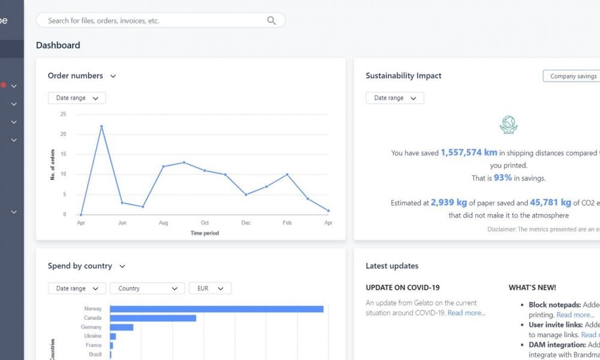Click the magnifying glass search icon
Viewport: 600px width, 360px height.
pyautogui.click(x=271, y=20)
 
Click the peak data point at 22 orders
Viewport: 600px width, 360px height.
pyautogui.click(x=101, y=126)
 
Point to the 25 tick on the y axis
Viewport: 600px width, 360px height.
pyautogui.click(x=63, y=114)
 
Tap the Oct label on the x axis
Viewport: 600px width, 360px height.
pyautogui.click(x=205, y=223)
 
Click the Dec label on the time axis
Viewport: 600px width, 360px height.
pyautogui.click(x=245, y=223)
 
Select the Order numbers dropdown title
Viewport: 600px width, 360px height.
pyautogui.click(x=82, y=76)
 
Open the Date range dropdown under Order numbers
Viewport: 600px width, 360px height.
pyautogui.click(x=77, y=98)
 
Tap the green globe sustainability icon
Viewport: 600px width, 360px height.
pyautogui.click(x=508, y=124)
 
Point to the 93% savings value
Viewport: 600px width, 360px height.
pyautogui.click(x=503, y=178)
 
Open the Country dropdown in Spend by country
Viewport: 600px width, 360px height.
pyautogui.click(x=147, y=289)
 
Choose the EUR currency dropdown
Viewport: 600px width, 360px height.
pyautogui.click(x=209, y=289)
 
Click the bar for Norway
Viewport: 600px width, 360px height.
pyautogui.click(x=217, y=309)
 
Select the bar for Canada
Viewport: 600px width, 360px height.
pyautogui.click(x=153, y=318)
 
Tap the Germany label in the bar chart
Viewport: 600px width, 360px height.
pyautogui.click(x=91, y=327)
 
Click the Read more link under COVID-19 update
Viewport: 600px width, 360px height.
pyautogui.click(x=466, y=313)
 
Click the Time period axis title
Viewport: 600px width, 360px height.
pyautogui.click(x=205, y=233)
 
